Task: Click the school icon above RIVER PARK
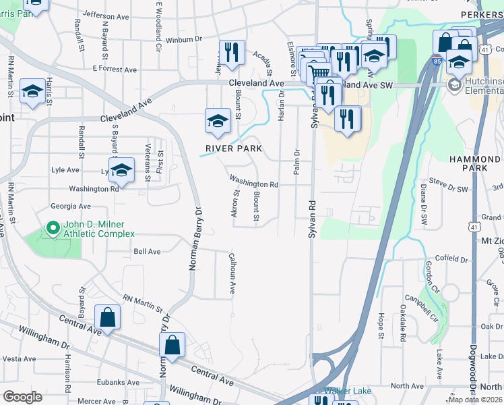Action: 218,122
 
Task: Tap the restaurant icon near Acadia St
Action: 232,53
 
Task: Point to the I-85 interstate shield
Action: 437,60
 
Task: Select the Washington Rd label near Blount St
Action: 253,182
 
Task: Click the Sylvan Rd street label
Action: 312,230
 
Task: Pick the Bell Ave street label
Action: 147,251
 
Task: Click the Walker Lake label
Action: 345,391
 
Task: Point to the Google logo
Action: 23,397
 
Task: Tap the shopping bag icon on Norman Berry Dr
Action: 172,345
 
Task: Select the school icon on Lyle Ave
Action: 122,171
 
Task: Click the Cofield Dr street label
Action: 451,259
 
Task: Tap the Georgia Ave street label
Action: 71,206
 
